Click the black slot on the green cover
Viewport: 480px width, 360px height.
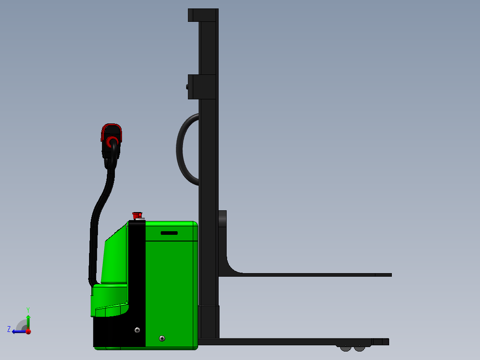(x=169, y=233)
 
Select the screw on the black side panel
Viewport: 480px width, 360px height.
(x=137, y=330)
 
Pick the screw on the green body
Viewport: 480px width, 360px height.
(x=162, y=339)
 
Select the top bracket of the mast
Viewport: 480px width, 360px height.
(x=203, y=15)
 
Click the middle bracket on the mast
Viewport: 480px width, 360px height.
(x=203, y=86)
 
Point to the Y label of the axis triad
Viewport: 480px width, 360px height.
(x=28, y=309)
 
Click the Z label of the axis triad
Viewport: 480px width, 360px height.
(x=9, y=329)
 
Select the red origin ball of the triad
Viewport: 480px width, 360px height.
(x=28, y=331)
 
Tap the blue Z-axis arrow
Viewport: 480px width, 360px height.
(x=18, y=331)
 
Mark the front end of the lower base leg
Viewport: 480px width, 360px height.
(x=386, y=342)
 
